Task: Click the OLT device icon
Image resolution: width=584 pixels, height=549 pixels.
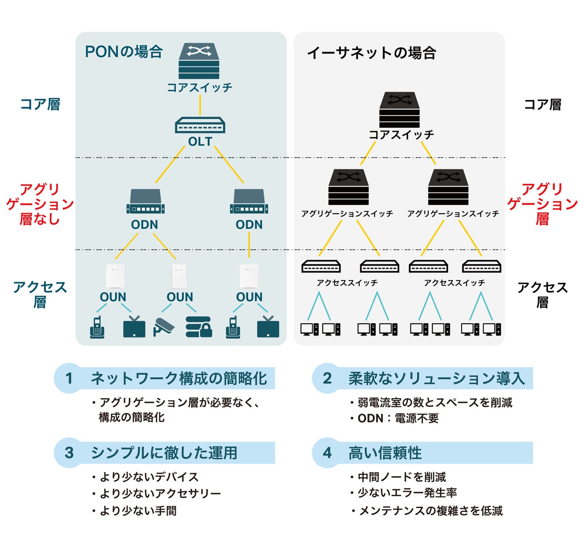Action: tap(200, 125)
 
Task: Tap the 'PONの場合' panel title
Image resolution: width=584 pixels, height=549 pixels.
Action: tap(124, 52)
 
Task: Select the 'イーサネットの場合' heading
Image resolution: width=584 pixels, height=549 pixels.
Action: tap(372, 53)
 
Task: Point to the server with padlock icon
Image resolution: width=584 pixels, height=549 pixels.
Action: tap(199, 327)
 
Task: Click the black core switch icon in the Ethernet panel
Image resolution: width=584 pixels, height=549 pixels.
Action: tap(399, 110)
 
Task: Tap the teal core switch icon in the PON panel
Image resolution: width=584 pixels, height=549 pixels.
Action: tap(199, 61)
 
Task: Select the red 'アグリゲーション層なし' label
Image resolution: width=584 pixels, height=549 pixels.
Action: tap(40, 204)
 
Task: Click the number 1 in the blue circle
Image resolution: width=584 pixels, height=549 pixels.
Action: tap(69, 379)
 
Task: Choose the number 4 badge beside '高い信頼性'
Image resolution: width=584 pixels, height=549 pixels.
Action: tap(327, 453)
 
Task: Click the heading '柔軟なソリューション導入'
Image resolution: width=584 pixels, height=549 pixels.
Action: tap(437, 379)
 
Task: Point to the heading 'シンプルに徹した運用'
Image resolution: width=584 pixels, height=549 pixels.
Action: tap(164, 453)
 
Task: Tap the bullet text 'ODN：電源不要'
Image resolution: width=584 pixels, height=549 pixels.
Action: tap(398, 418)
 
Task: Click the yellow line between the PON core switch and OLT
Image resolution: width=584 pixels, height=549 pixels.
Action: tap(200, 105)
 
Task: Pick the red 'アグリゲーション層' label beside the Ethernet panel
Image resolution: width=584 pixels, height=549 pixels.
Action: tap(542, 204)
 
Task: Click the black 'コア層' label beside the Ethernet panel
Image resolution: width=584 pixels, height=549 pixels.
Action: tap(543, 105)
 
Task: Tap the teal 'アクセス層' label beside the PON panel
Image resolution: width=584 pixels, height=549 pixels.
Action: tap(40, 294)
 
